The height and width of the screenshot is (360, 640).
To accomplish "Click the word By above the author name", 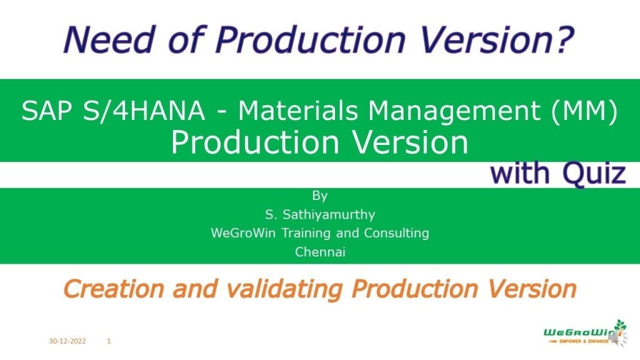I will [x=319, y=196].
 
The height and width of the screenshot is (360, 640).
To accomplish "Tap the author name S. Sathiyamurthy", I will [x=319, y=215].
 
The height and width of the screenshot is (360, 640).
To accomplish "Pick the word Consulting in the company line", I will [x=398, y=234].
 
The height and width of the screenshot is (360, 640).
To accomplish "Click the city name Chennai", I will [x=319, y=252].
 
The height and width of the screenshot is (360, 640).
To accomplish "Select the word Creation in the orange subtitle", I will [x=109, y=289].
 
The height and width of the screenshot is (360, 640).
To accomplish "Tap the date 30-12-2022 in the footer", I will [x=67, y=342].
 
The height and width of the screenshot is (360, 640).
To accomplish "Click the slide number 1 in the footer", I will [x=109, y=342].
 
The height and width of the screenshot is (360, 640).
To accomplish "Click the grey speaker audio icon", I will [x=614, y=339].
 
